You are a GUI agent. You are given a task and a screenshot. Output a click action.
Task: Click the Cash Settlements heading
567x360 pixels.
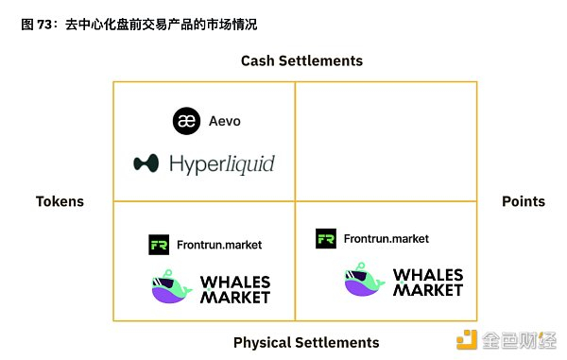(x=301, y=60)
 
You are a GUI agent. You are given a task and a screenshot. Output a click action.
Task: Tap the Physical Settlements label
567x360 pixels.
(x=305, y=342)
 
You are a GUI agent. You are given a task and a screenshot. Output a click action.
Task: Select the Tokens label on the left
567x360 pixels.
(x=60, y=201)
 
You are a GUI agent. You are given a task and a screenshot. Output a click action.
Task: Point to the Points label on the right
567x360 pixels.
(x=523, y=201)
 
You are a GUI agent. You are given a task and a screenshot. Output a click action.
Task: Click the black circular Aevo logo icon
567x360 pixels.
(x=187, y=121)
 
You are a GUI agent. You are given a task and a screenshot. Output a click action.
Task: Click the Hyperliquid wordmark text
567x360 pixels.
(x=222, y=164)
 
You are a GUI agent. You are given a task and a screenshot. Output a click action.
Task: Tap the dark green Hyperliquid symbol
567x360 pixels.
(x=146, y=163)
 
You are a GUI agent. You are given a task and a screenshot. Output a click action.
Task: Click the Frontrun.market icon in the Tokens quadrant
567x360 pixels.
(x=159, y=245)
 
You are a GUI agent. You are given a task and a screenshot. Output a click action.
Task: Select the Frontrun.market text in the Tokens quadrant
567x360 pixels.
(x=218, y=245)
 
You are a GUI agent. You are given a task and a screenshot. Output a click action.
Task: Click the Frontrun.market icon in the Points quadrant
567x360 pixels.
(x=326, y=239)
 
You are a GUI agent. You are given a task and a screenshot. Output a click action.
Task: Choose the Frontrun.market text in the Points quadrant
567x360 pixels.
(x=386, y=239)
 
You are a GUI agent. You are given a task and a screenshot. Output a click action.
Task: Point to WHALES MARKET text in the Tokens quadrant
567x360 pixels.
(x=236, y=289)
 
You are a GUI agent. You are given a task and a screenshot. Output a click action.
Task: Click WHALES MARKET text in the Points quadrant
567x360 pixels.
(x=427, y=283)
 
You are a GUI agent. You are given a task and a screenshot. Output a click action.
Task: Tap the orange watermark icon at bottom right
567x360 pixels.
(x=468, y=340)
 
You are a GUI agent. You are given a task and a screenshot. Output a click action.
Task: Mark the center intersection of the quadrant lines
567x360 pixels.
(x=295, y=201)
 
